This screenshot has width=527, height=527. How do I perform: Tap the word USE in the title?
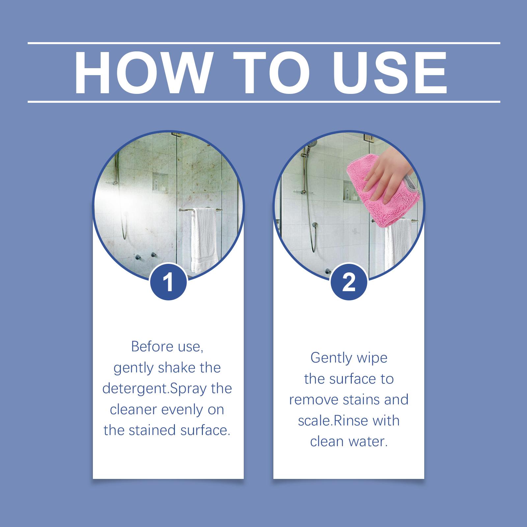[391, 72]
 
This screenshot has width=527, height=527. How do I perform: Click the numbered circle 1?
[168, 282]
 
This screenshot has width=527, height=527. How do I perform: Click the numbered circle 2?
[349, 282]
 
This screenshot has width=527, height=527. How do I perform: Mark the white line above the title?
[264, 43]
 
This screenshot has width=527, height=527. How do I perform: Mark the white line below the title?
[264, 102]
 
